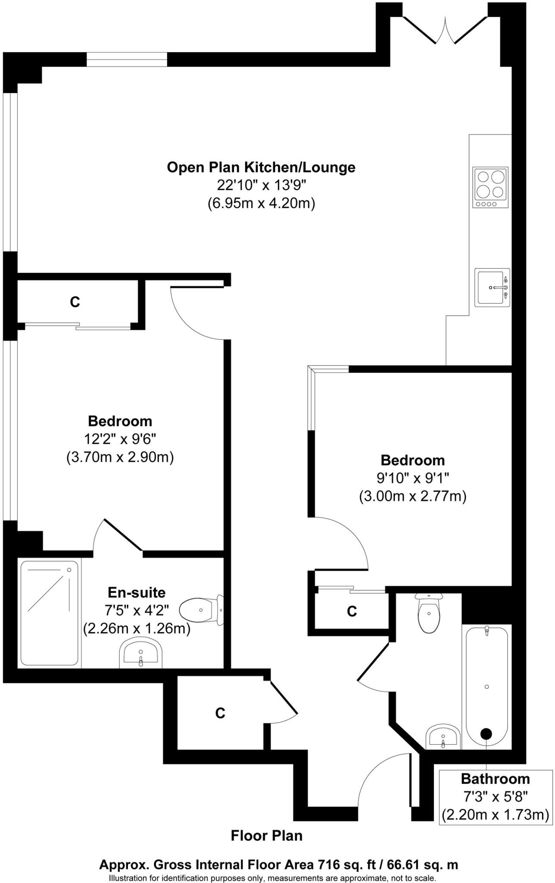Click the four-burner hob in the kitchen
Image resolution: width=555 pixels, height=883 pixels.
click(490, 187)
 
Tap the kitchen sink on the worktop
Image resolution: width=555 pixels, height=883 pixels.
click(492, 288)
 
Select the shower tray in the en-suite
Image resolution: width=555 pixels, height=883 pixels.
click(50, 613)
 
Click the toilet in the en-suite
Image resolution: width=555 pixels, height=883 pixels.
click(201, 610)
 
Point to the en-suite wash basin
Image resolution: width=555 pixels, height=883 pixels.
click(140, 653)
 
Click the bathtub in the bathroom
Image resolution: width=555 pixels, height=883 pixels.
click(487, 686)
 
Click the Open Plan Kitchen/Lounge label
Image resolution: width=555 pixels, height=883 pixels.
click(261, 167)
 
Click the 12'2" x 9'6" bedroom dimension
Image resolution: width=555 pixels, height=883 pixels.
click(120, 439)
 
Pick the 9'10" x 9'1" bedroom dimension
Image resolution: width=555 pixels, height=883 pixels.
click(412, 478)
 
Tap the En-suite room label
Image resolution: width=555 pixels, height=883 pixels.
click(137, 592)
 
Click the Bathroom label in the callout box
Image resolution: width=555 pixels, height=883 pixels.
click(495, 779)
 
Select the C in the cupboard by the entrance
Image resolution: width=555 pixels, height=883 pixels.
click(220, 714)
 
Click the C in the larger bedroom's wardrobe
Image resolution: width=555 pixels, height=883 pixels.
click(75, 302)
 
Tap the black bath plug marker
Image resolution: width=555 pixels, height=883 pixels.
click(486, 733)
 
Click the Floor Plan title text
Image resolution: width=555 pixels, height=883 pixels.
click(267, 836)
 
